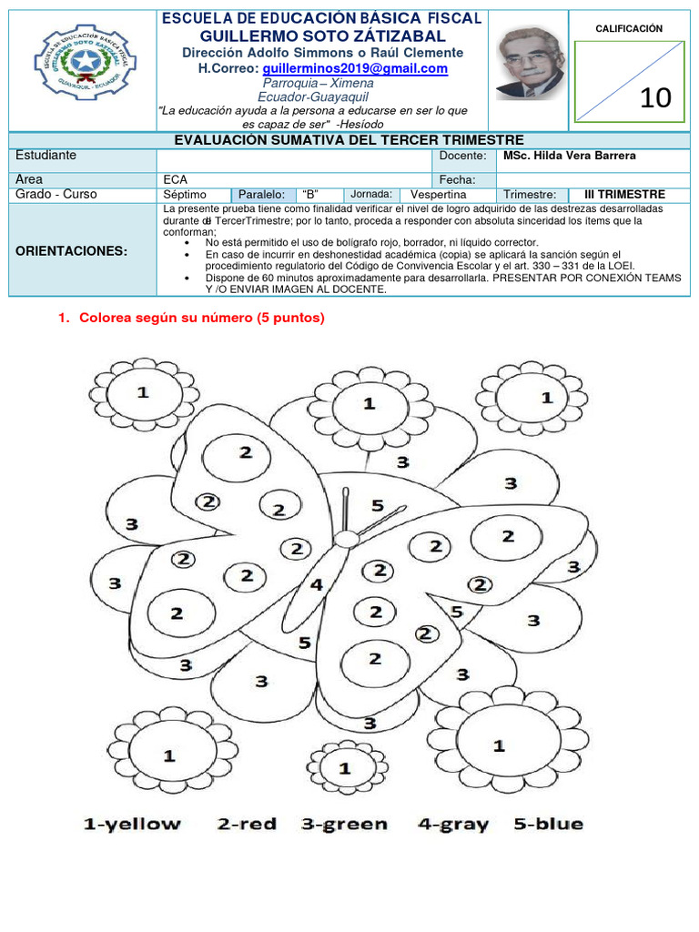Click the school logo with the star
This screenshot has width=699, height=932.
[x=77, y=66]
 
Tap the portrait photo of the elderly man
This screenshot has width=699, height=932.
[x=529, y=63]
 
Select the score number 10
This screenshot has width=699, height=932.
[x=655, y=97]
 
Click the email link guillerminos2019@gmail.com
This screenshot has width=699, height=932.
[x=355, y=68]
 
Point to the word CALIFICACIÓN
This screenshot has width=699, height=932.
[x=629, y=28]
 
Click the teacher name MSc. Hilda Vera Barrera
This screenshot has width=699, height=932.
[x=570, y=156]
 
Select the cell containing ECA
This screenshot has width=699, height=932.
[x=174, y=179]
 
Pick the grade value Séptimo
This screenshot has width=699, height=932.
[x=185, y=195]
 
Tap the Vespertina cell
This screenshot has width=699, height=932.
[x=438, y=195]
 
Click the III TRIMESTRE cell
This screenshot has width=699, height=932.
[x=623, y=195]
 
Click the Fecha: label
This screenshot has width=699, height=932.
[x=457, y=179]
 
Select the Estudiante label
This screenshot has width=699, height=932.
[x=46, y=156]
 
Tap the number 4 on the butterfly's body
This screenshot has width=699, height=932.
[x=316, y=584]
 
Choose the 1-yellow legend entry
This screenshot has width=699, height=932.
[x=132, y=825]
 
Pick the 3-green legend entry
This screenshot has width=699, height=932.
[x=344, y=825]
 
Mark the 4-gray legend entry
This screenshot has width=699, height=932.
[x=452, y=825]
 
